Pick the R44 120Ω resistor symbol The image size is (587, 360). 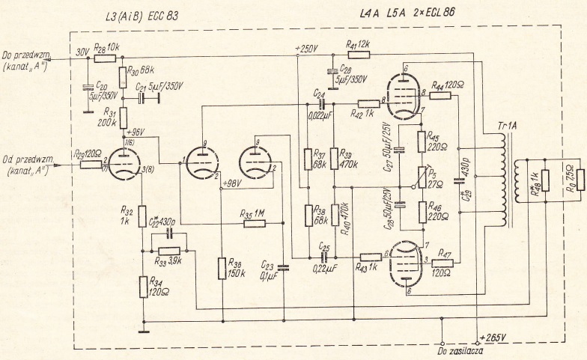pyautogui.click(x=441, y=95)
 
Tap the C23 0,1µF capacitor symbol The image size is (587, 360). pyautogui.click(x=284, y=267)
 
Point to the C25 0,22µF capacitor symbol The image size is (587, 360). pyautogui.click(x=323, y=256)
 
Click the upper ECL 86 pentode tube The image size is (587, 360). pyautogui.click(x=406, y=94)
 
